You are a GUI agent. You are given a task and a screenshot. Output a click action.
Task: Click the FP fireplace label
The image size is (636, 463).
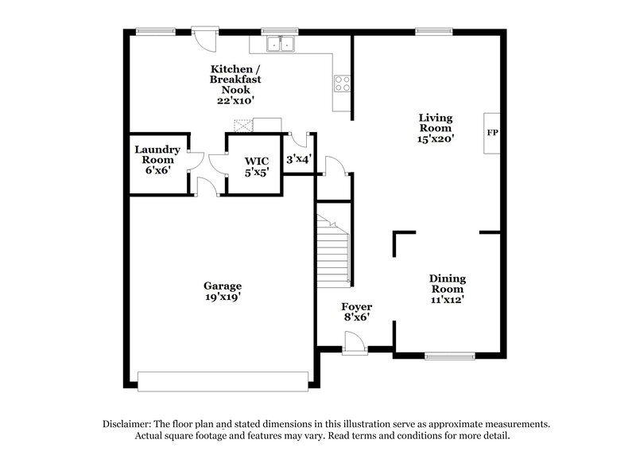click(x=492, y=131)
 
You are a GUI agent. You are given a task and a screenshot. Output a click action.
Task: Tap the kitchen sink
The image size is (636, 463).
click(x=280, y=45)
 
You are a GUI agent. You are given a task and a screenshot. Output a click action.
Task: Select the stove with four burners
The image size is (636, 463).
click(x=343, y=83)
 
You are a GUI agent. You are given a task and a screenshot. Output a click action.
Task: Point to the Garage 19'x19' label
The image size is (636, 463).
click(x=222, y=291)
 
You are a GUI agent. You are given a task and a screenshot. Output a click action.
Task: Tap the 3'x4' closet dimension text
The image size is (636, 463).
click(x=299, y=159)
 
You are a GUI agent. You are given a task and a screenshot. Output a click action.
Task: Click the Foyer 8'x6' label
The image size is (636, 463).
click(x=356, y=312)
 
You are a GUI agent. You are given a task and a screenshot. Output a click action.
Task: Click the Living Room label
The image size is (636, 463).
click(x=435, y=128)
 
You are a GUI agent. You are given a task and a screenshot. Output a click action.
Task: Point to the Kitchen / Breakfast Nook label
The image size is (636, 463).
click(x=235, y=84)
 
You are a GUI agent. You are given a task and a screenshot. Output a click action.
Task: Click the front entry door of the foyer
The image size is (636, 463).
click(x=355, y=344)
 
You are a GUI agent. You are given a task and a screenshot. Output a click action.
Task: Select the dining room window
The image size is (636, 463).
click(x=449, y=356)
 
